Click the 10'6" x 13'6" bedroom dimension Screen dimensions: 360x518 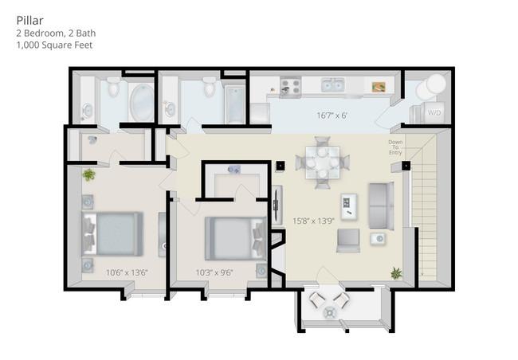[127, 272]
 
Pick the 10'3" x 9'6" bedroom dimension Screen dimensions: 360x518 [214, 272]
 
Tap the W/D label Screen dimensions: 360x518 [434, 112]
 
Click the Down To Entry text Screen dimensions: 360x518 [396, 147]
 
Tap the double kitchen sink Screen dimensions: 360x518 [332, 84]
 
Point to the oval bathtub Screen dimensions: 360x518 [139, 101]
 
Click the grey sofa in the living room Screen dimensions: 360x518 [380, 204]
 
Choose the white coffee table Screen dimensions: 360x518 [349, 206]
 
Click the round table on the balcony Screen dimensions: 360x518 [329, 313]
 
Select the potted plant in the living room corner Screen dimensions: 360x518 [396, 274]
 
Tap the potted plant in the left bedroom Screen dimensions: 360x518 [88, 174]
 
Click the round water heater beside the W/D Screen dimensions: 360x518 [434, 84]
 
